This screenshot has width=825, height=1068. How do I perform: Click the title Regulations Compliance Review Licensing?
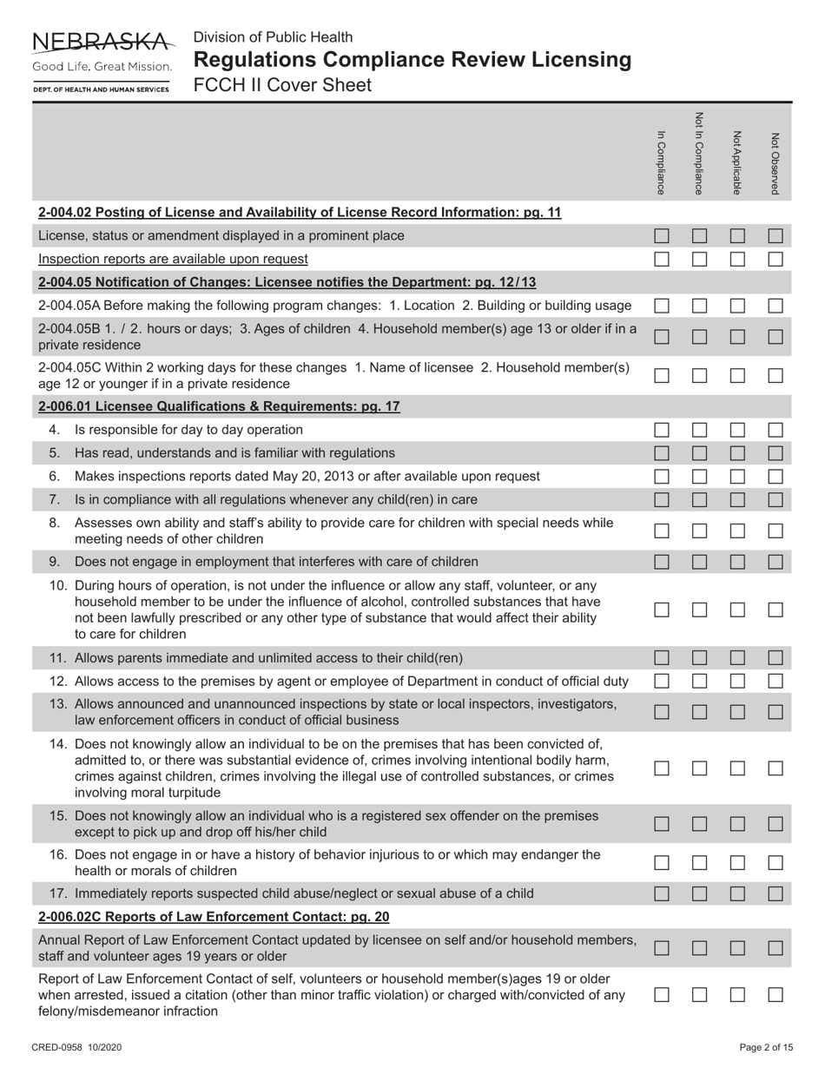(x=412, y=60)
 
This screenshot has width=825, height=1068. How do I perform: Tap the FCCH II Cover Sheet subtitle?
(x=282, y=85)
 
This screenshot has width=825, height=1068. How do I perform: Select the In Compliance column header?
(x=662, y=162)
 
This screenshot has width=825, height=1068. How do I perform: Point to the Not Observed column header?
(x=775, y=162)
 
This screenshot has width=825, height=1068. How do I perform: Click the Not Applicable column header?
(x=737, y=162)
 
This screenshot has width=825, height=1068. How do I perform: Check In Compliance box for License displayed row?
(x=662, y=235)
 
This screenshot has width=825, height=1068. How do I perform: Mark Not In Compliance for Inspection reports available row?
(x=700, y=259)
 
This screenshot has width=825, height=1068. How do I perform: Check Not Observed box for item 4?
(x=775, y=430)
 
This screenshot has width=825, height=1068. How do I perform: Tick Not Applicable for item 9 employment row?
(x=737, y=562)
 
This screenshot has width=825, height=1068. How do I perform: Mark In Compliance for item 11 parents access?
(x=662, y=658)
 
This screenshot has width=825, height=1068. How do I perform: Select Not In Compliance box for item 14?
(x=700, y=768)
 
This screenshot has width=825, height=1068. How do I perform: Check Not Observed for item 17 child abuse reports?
(x=775, y=893)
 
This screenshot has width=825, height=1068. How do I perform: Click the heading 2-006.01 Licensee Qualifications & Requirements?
(x=219, y=406)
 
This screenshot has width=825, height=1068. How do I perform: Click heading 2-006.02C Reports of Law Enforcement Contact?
(x=214, y=916)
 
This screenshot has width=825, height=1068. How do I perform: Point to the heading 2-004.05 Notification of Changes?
(x=287, y=282)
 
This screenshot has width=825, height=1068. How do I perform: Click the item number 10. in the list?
(x=60, y=585)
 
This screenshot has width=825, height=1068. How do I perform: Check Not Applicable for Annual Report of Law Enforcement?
(x=737, y=949)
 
